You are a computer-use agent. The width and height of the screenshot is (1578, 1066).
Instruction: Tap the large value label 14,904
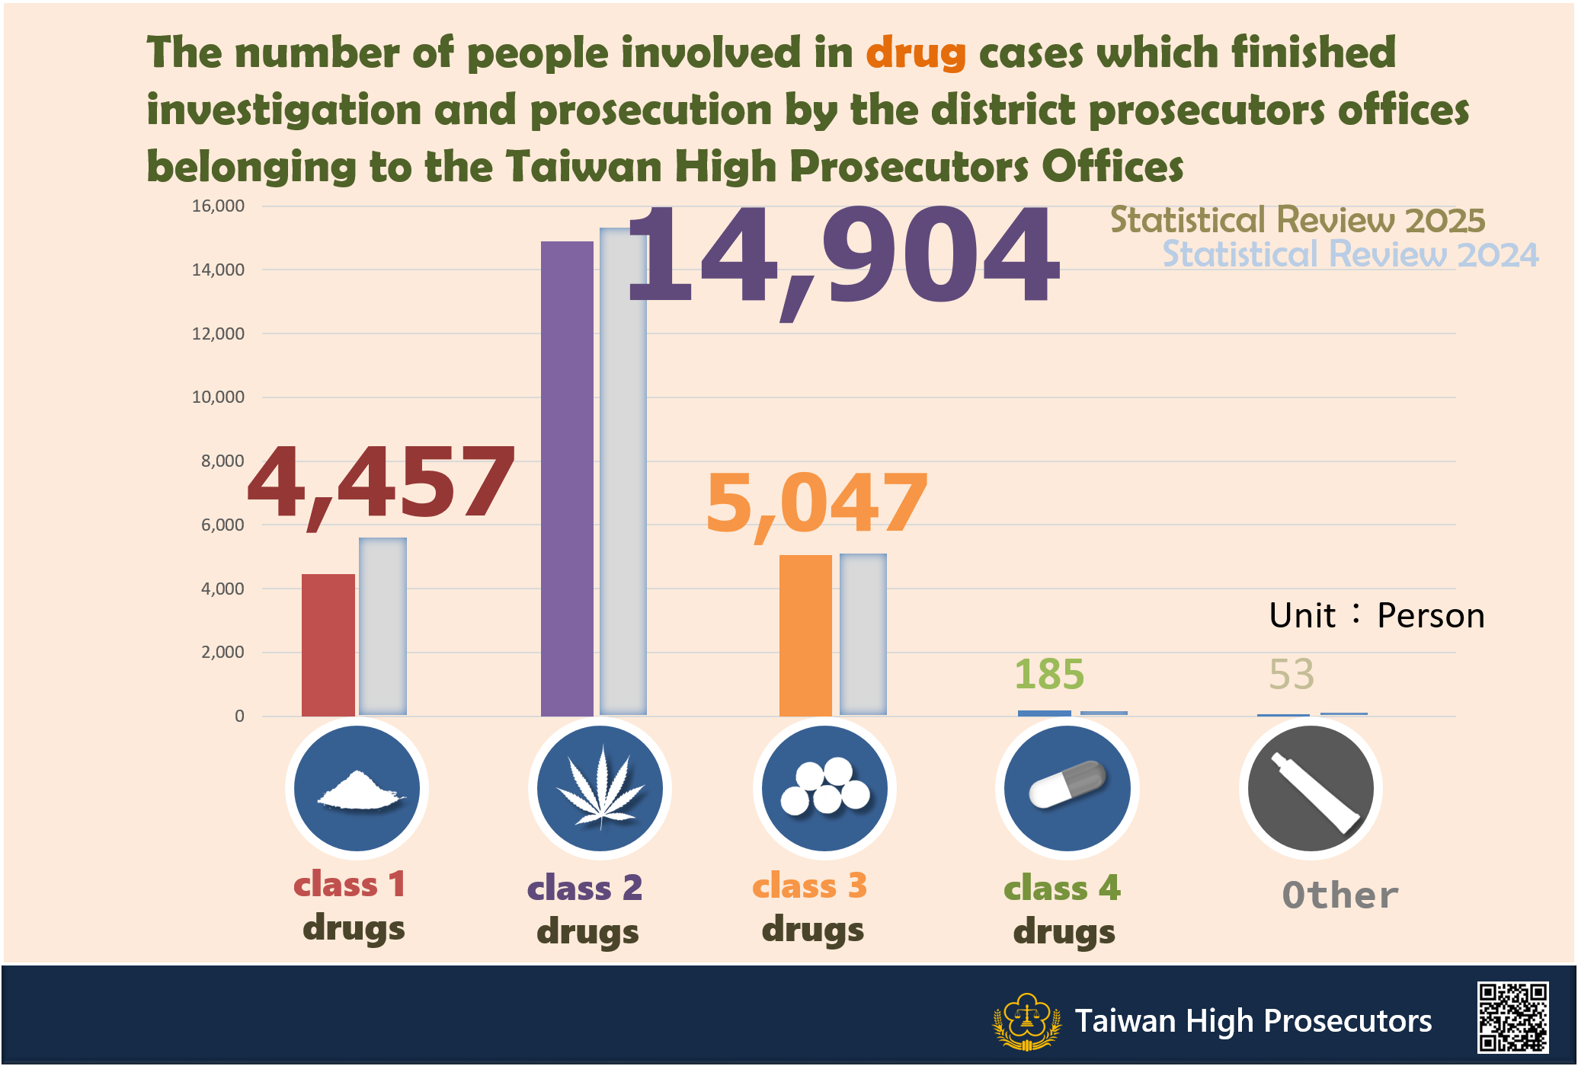842,257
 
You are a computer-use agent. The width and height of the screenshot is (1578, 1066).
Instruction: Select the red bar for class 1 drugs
328,644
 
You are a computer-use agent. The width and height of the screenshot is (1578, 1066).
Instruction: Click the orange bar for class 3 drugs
805,635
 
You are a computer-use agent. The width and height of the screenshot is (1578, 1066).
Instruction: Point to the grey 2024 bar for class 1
382,626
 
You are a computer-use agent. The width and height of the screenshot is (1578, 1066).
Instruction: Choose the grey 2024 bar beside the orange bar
863,634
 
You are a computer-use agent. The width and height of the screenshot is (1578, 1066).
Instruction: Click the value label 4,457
381,484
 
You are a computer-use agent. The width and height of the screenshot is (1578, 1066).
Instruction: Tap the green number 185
1048,675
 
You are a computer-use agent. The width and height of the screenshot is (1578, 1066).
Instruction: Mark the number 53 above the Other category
1292,675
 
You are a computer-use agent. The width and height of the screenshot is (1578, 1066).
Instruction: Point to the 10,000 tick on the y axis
219,397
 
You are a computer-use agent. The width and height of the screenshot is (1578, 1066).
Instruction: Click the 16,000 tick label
219,206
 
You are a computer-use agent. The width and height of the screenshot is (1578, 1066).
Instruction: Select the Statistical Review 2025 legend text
1297,221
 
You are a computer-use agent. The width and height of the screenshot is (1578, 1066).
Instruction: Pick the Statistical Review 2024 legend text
1349,255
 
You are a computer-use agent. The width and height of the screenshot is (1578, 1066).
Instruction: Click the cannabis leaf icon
600,788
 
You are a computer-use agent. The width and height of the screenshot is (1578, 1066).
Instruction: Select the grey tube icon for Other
1311,788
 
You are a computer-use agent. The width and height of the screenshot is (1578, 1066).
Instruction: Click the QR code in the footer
1512,1017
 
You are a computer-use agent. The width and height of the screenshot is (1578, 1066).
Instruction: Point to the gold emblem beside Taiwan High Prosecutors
1026,1021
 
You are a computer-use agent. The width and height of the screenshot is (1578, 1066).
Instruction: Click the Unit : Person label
1377,615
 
